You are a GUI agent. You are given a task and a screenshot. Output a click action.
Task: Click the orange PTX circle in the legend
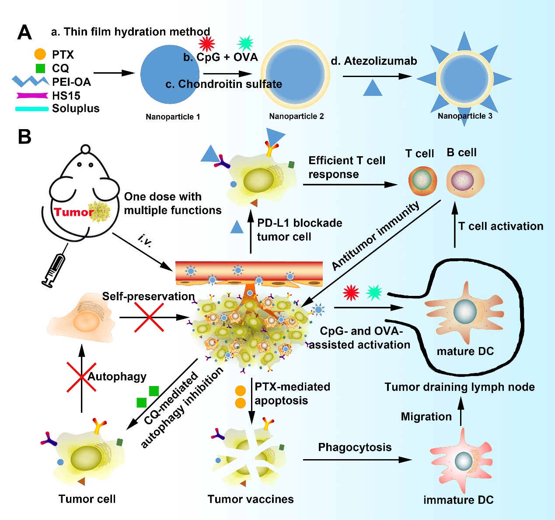pos(40,54)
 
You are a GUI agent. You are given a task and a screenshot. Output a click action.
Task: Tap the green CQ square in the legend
pos(40,68)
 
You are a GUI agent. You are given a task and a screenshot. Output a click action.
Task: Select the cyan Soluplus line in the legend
pos(31,109)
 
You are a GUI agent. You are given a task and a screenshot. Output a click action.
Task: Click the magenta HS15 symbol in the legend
pos(32,95)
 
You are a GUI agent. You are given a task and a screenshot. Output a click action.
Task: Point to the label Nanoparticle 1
pos(173,117)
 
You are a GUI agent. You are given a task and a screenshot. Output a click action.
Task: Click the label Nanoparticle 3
pos(465,116)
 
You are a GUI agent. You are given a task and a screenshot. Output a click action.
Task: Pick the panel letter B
pos(24,137)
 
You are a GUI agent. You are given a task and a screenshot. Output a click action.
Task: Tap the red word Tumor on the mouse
pos(73,212)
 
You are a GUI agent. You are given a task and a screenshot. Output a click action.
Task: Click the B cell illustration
pos(464,180)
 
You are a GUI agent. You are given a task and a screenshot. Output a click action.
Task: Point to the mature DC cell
pos(465,312)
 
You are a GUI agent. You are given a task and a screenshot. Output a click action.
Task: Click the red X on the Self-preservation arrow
pos(149,317)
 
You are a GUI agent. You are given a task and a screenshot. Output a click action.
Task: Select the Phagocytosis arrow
pos(357,460)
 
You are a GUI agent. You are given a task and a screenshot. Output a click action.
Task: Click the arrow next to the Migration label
pos(461,411)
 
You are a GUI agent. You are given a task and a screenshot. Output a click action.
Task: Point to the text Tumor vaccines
pos(251,499)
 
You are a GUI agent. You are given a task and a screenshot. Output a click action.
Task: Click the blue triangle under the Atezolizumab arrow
pos(373,88)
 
